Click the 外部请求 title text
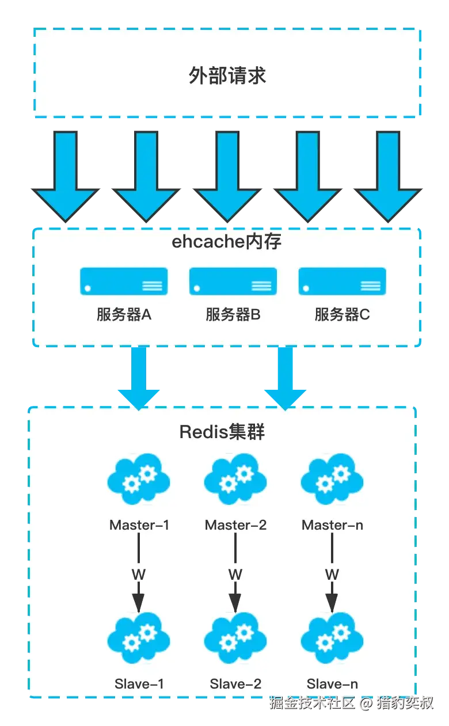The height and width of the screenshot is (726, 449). pos(227,76)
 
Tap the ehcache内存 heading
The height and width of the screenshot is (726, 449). pos(227,242)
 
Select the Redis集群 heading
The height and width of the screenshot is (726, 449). pos(222,432)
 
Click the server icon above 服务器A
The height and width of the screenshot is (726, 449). pos(124,282)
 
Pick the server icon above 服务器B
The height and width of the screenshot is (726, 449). pos(233,282)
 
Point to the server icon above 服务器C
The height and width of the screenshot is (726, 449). pos(342,282)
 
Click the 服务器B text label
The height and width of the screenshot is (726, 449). pos(233,315)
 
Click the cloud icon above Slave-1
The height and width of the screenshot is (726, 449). pos(139,640)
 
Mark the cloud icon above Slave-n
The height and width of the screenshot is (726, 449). pos(332,640)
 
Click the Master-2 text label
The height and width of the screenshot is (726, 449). pos(235,525)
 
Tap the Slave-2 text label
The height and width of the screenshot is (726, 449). pos(235,684)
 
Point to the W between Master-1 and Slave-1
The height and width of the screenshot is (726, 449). pos(139,574)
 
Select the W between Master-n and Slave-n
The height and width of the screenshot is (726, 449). pos(332,574)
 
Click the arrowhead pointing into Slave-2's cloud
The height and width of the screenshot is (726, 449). pos(235,603)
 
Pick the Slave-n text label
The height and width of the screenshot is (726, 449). pos(332,684)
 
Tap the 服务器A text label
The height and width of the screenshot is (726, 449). pos(124,315)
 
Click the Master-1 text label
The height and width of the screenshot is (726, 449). pos(139,525)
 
